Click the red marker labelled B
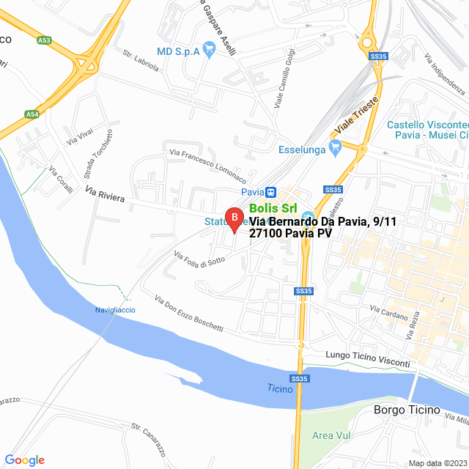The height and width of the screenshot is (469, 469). (233, 218)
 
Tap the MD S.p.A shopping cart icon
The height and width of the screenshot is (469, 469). (209, 51)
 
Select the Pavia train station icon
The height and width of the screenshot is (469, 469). (270, 192)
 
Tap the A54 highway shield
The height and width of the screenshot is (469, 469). (32, 114)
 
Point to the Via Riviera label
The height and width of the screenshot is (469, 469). (105, 195)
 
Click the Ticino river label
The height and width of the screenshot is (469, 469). (280, 389)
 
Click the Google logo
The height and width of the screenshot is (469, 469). (24, 460)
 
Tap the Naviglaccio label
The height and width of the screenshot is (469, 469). (115, 310)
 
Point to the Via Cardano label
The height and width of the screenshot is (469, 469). (394, 315)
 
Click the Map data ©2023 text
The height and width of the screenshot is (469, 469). (437, 463)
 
